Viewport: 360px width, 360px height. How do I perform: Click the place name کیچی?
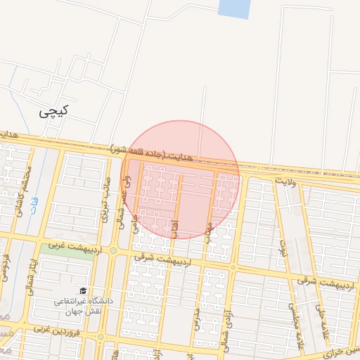[53, 110]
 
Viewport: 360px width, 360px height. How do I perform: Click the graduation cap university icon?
[83, 290]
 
